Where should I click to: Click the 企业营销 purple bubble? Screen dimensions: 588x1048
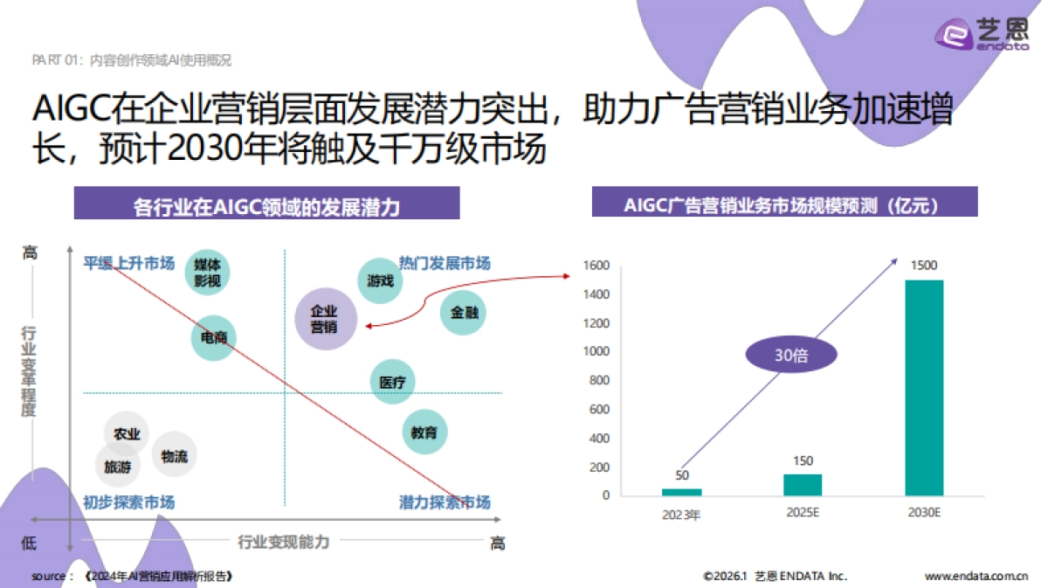tap(324, 319)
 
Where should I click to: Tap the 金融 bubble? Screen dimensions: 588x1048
tap(464, 312)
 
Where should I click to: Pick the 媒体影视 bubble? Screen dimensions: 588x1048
tap(208, 272)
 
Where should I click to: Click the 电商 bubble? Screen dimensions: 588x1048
tap(213, 337)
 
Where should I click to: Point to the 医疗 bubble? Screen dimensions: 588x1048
tap(392, 382)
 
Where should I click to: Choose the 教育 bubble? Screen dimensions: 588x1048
tap(424, 432)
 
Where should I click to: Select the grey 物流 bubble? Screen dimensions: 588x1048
tap(174, 455)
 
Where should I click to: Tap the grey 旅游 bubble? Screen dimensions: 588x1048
tap(118, 467)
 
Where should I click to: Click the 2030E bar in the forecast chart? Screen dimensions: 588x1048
tap(924, 388)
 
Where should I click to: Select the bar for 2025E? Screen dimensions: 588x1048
tap(803, 485)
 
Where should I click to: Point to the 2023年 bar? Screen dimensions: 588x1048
tap(681, 492)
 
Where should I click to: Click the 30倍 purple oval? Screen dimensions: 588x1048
tap(790, 356)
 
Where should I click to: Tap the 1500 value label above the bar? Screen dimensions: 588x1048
tap(924, 265)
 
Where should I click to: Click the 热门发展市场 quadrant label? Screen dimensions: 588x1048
tap(445, 263)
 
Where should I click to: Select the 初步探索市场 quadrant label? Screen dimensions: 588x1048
tap(128, 502)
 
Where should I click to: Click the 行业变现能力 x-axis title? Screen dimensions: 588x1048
tap(284, 543)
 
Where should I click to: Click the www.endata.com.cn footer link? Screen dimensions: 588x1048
tap(976, 577)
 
